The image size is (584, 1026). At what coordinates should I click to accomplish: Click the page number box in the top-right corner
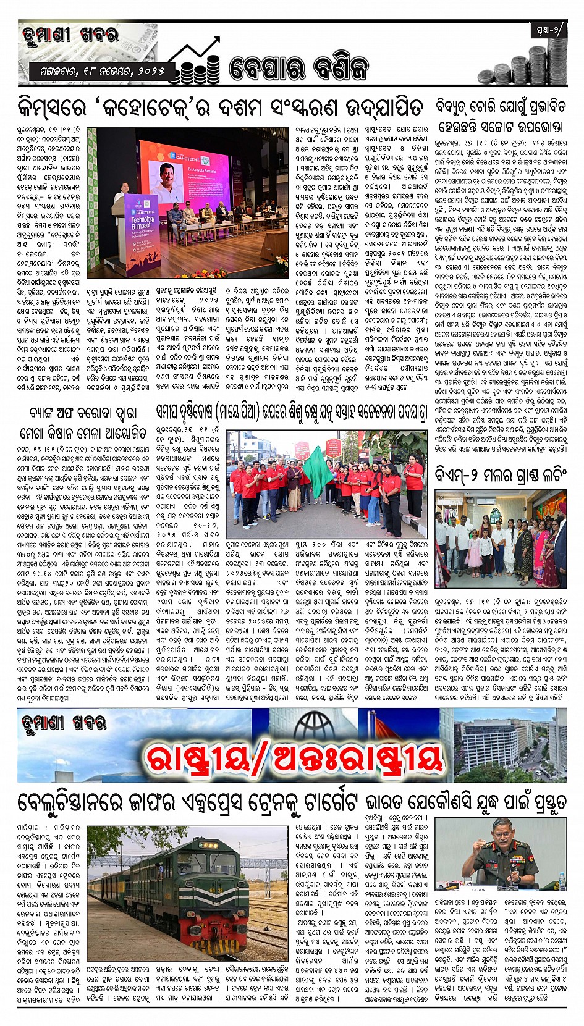click(x=547, y=32)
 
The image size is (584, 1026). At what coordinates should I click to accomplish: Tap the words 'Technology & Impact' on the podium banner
click(x=143, y=222)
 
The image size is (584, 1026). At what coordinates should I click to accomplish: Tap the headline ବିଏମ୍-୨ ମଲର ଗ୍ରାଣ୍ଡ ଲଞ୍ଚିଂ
click(x=501, y=474)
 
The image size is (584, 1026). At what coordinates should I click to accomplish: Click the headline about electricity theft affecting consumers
click(x=501, y=116)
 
